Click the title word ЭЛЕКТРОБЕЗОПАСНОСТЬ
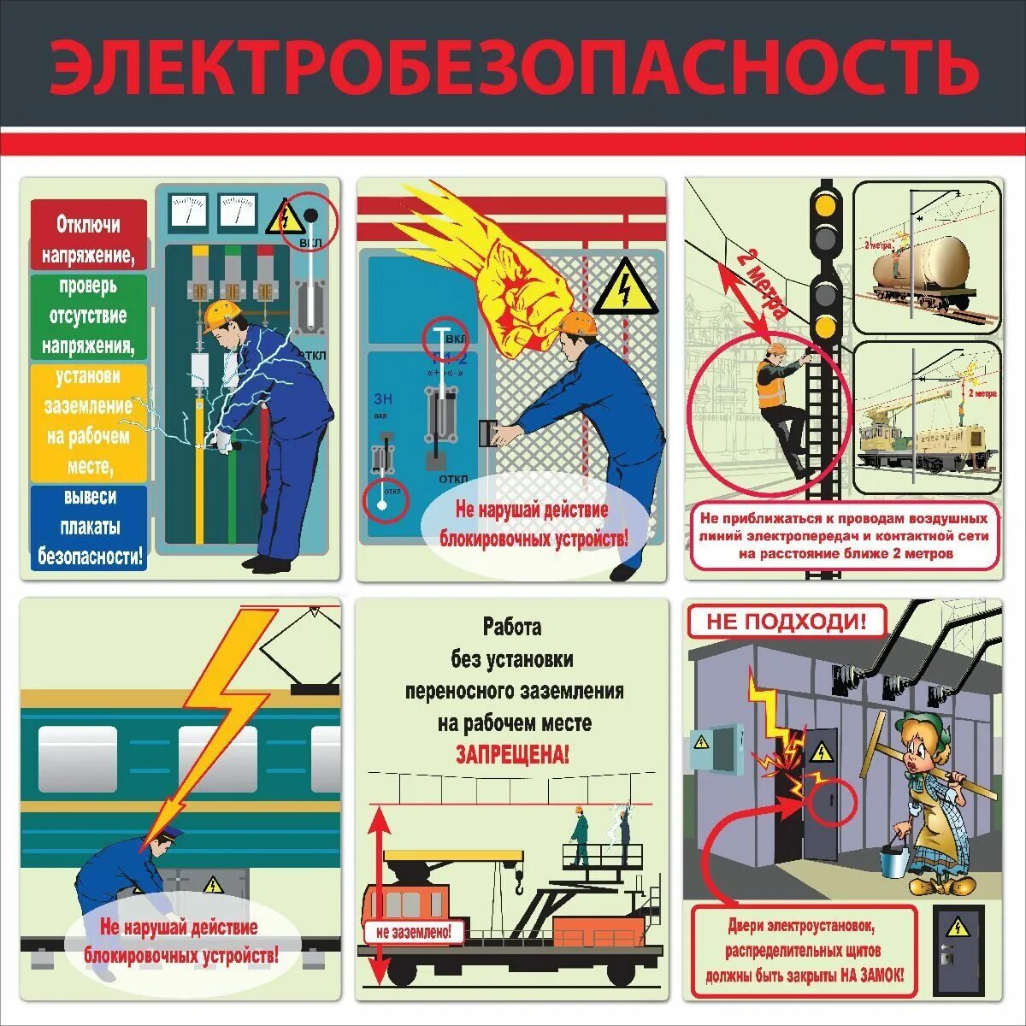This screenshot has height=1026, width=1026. pyautogui.click(x=513, y=67)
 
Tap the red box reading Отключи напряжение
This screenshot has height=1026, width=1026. pyautogui.click(x=88, y=236)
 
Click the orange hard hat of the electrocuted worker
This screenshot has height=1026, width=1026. pyautogui.click(x=221, y=315)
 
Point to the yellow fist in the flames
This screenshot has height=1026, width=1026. pyautogui.click(x=518, y=291)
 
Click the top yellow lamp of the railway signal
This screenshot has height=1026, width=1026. pyautogui.click(x=826, y=206)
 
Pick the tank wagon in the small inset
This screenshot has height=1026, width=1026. pyautogui.click(x=923, y=265)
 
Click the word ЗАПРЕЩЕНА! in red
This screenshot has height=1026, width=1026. pyautogui.click(x=511, y=754)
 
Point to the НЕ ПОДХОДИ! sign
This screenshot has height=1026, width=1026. pyautogui.click(x=786, y=622)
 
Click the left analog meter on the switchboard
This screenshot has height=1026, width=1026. pyautogui.click(x=189, y=210)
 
